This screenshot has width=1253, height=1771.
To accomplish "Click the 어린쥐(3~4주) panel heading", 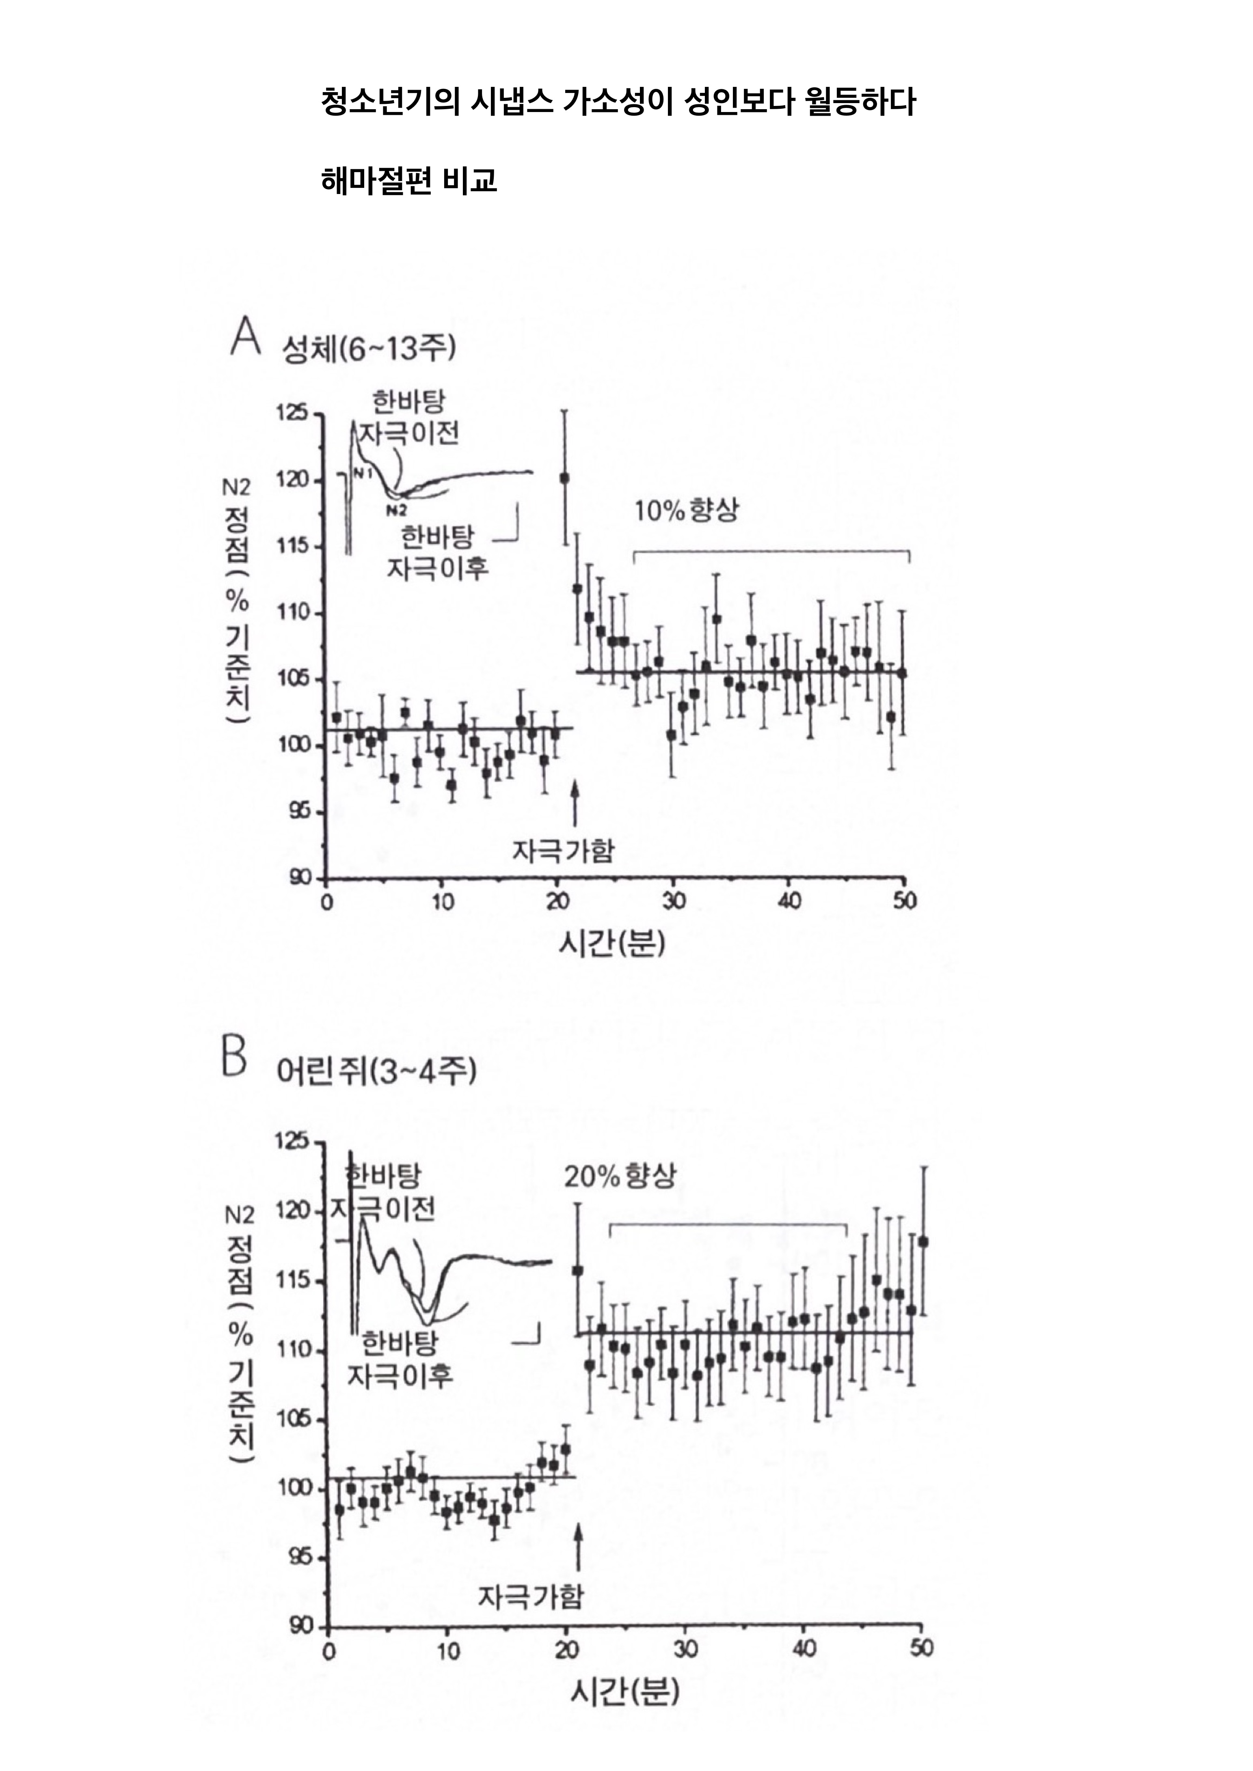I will click(376, 1072).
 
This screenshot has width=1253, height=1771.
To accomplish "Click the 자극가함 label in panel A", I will click(563, 851).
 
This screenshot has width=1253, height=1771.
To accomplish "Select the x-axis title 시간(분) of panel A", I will click(611, 944).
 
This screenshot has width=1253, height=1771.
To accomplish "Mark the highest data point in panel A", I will click(565, 478).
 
